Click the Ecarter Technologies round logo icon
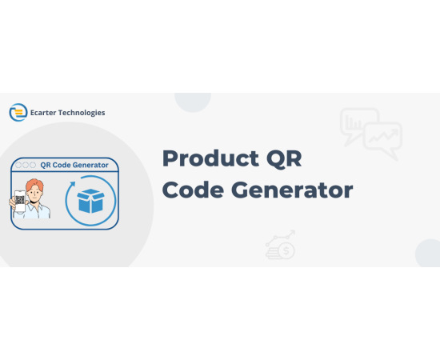click(x=18, y=113)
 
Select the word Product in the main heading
click(x=210, y=158)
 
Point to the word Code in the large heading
click(x=193, y=190)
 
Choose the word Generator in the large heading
click(x=292, y=190)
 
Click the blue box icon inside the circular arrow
click(x=90, y=201)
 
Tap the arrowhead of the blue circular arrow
click(x=73, y=184)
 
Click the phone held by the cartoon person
click(x=20, y=201)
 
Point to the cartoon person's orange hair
click(x=34, y=185)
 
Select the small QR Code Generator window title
click(x=74, y=165)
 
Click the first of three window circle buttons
click(x=18, y=165)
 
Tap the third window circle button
click(x=33, y=165)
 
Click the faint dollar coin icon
click(x=286, y=250)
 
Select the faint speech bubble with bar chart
click(x=356, y=123)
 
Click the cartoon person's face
click(x=34, y=194)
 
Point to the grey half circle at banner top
click(x=193, y=102)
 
